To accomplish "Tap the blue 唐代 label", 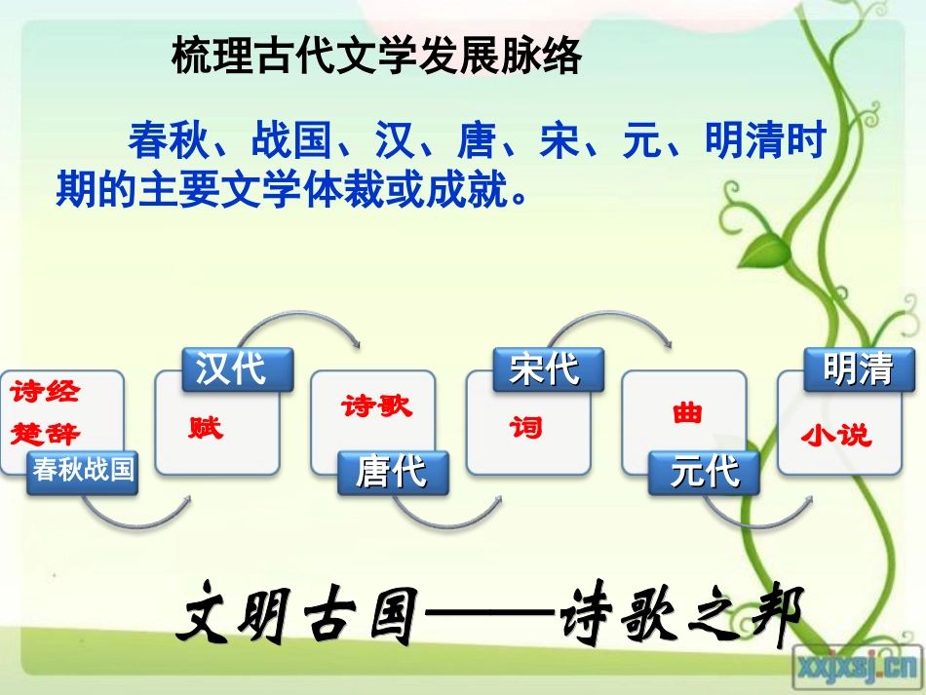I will pyautogui.click(x=393, y=473).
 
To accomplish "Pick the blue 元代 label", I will pyautogui.click(x=705, y=473).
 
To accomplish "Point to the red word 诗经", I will pyautogui.click(x=46, y=393).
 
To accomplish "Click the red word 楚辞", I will pyautogui.click(x=46, y=433).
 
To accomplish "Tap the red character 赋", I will pyautogui.click(x=206, y=427).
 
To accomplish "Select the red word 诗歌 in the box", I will pyautogui.click(x=376, y=406).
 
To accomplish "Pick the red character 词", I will pyautogui.click(x=526, y=427).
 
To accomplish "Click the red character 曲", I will pyautogui.click(x=687, y=413).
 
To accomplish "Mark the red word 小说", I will pyautogui.click(x=836, y=436).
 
